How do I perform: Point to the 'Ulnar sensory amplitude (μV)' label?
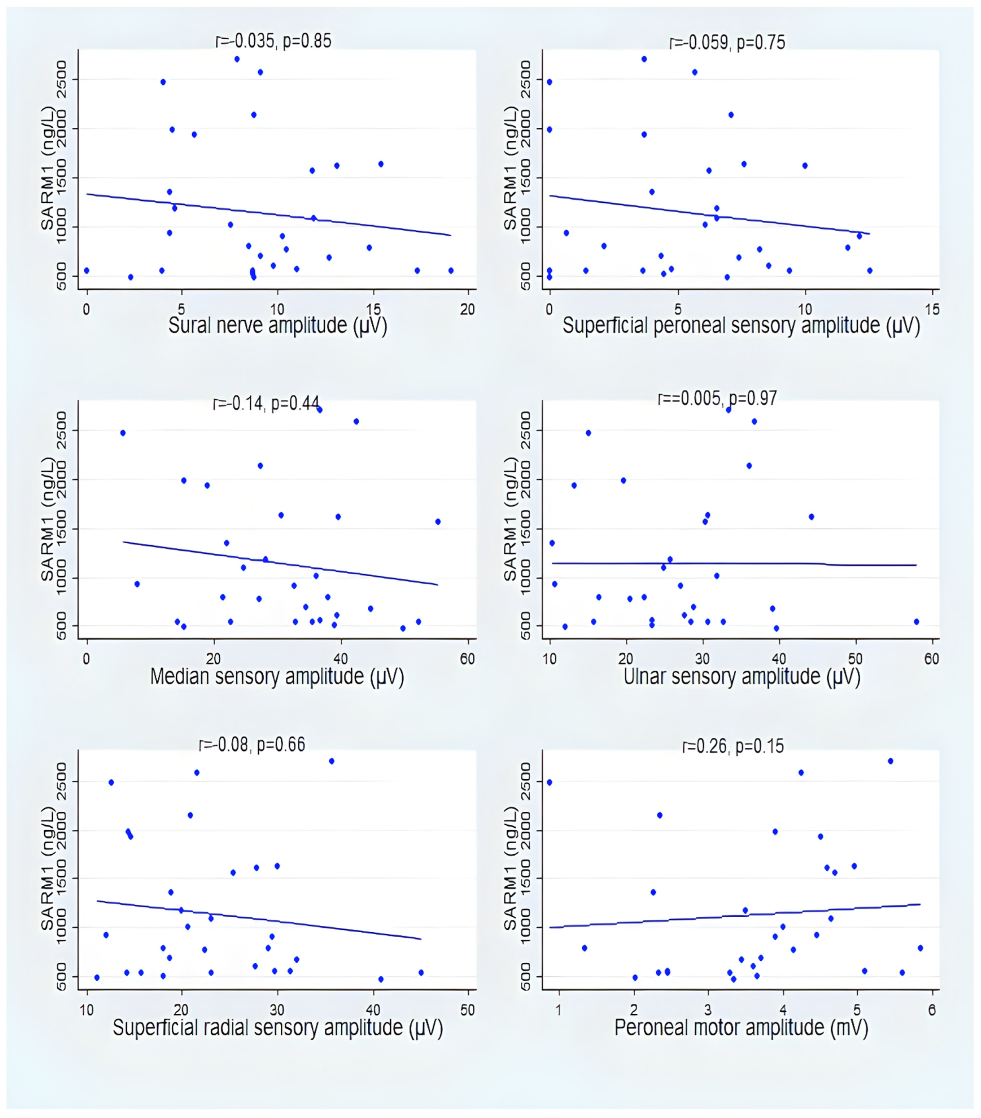coord(742,677)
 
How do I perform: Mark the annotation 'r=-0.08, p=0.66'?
coord(252,744)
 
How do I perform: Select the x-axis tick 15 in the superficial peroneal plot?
coord(932,310)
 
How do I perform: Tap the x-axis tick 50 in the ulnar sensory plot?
coord(855,659)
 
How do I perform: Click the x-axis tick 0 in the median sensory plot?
coord(87,659)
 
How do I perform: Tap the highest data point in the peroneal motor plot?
coord(890,761)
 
